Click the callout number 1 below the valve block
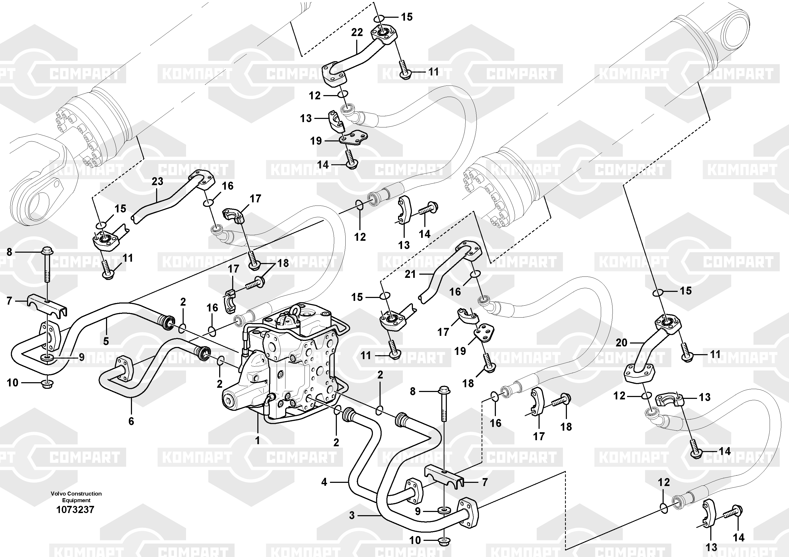(257, 440)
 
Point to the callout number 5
(106, 341)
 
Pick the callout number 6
(131, 421)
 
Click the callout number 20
(621, 342)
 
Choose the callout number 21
(410, 274)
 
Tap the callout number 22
(357, 32)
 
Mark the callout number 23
(157, 181)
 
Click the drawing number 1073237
(75, 510)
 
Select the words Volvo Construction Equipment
(76, 497)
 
